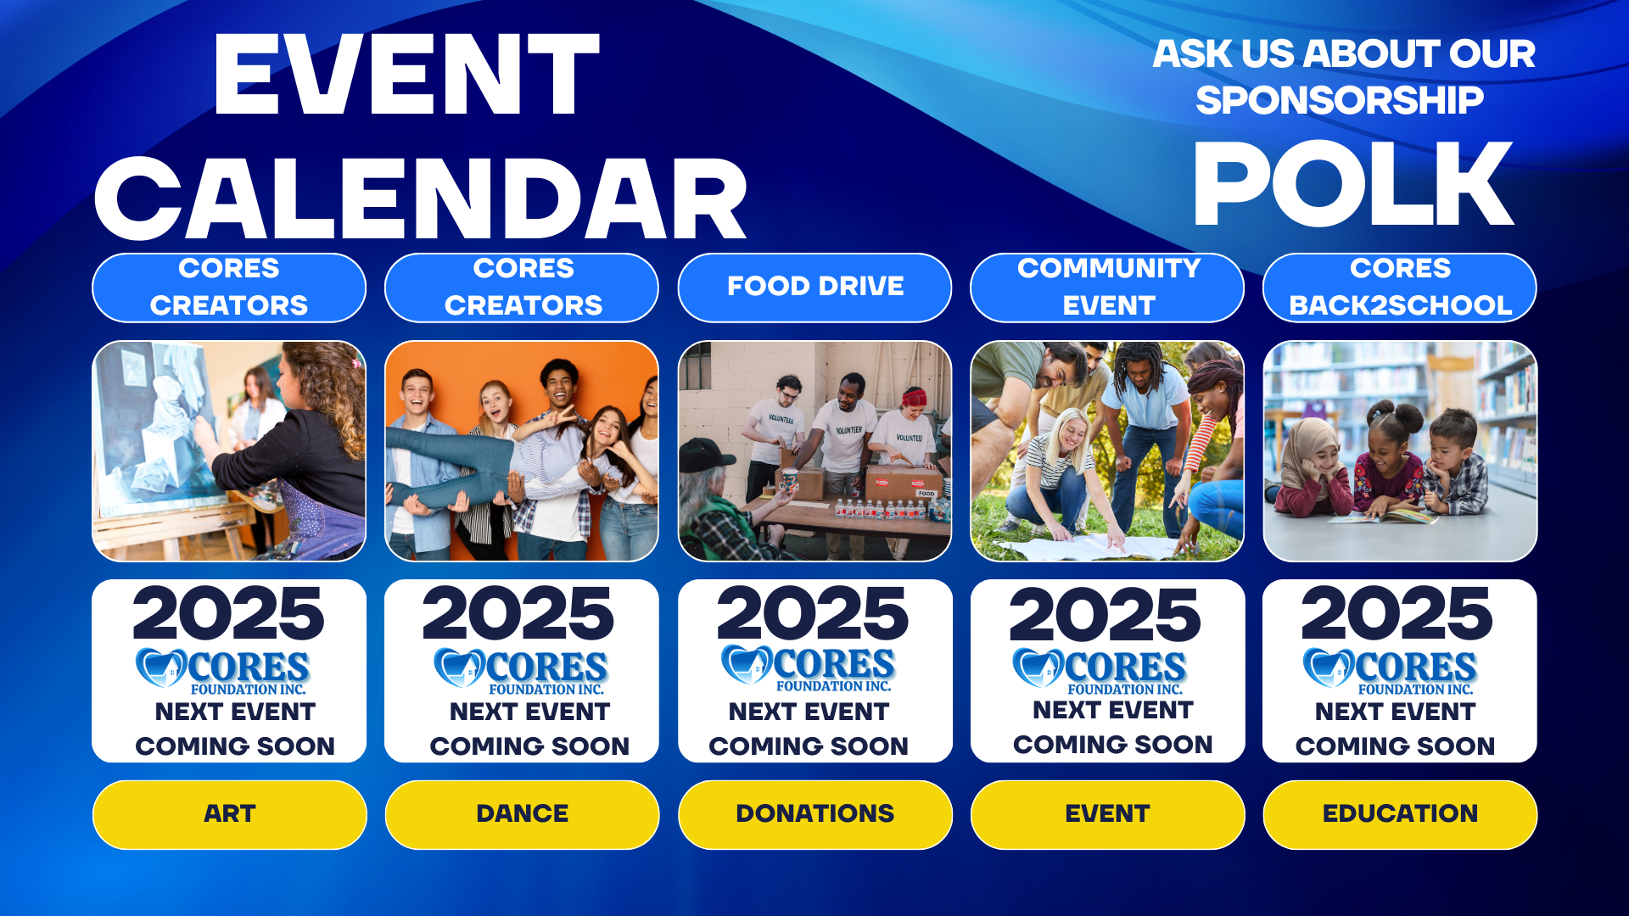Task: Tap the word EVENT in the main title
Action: pyautogui.click(x=406, y=75)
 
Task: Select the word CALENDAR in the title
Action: pyautogui.click(x=421, y=199)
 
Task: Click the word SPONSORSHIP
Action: pyautogui.click(x=1340, y=100)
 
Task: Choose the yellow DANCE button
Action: pyautogui.click(x=522, y=814)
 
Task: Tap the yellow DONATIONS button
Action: pyautogui.click(x=814, y=814)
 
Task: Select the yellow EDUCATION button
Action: pyautogui.click(x=1400, y=814)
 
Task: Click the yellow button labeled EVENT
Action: pyautogui.click(x=1107, y=814)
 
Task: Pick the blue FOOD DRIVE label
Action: pyautogui.click(x=814, y=288)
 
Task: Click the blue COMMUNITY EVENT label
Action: pyautogui.click(x=1107, y=288)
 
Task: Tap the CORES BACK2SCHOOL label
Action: pyautogui.click(x=1400, y=288)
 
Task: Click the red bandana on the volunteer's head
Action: pyautogui.click(x=914, y=396)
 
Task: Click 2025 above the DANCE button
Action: pyautogui.click(x=518, y=614)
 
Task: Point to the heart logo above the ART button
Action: pyautogui.click(x=160, y=668)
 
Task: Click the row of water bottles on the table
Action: pyautogui.click(x=882, y=509)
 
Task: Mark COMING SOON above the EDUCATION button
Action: pyautogui.click(x=1395, y=746)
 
